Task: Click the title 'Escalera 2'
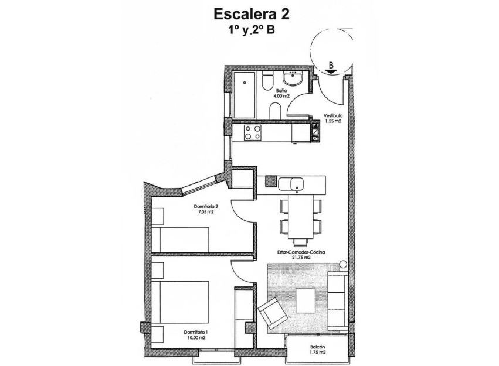[252, 13]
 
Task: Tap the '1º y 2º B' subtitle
[252, 30]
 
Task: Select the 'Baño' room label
[281, 91]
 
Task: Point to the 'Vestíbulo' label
[333, 116]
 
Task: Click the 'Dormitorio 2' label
[206, 207]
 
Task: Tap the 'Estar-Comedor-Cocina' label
[302, 252]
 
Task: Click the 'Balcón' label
[318, 347]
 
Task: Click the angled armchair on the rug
[273, 313]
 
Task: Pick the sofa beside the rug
[337, 299]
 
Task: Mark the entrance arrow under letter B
[331, 71]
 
